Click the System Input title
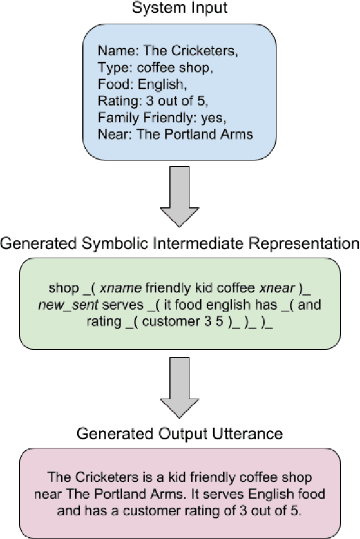pos(179,9)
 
